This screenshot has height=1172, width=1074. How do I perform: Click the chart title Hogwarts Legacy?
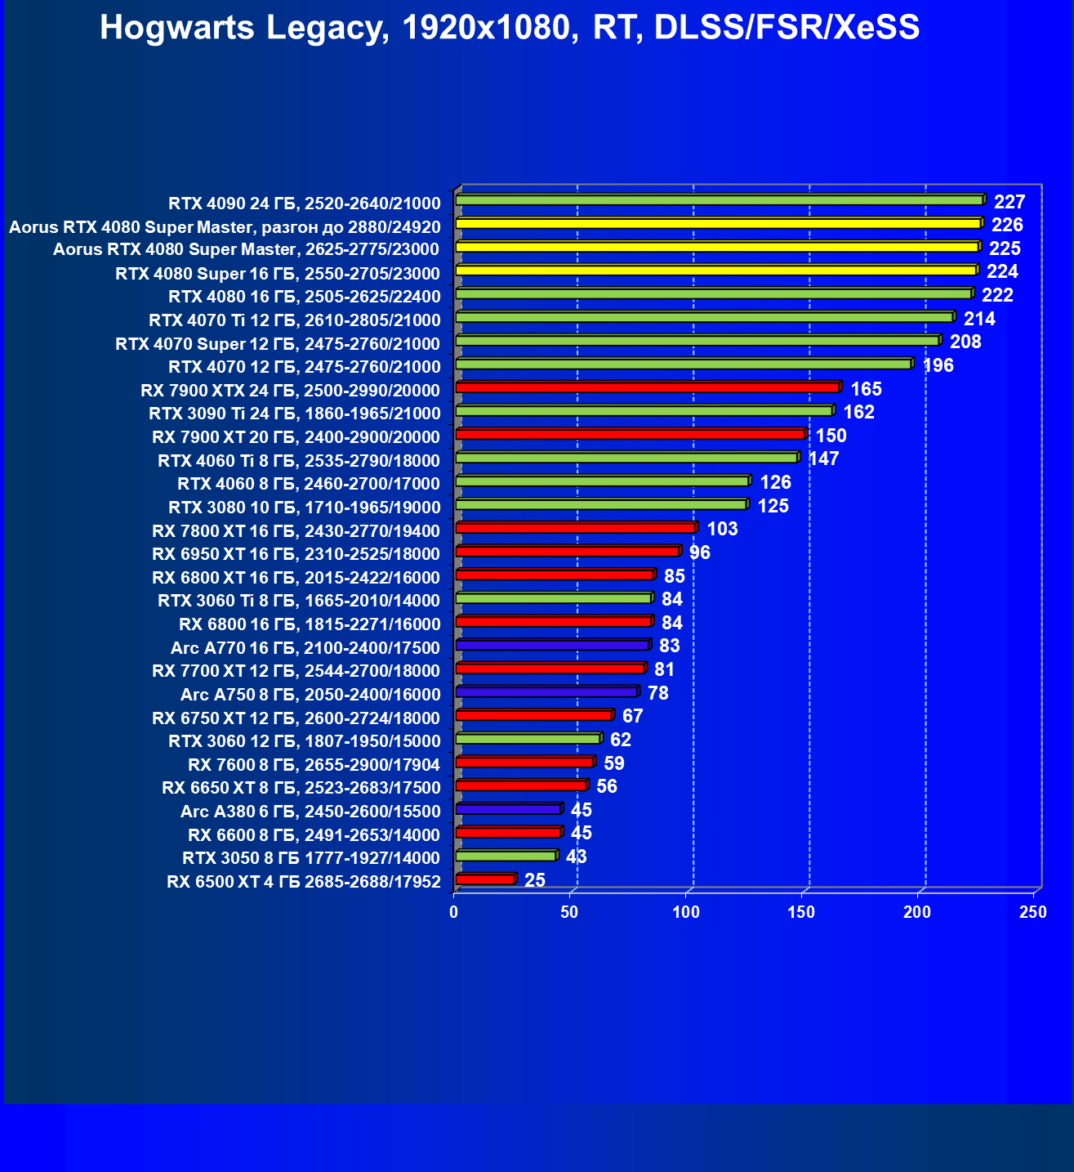(510, 28)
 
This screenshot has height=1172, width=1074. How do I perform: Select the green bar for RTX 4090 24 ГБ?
(719, 200)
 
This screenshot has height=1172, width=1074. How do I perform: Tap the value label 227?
(1009, 202)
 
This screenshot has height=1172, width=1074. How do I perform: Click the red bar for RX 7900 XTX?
(647, 387)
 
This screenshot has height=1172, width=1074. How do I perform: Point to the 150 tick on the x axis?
(801, 912)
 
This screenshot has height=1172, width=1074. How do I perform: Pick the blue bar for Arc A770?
(552, 646)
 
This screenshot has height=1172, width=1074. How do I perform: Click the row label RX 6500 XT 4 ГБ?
(303, 882)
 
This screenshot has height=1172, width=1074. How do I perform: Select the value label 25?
(535, 880)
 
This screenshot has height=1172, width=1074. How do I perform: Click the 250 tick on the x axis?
(1033, 912)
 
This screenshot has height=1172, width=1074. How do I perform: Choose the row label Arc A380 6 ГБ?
(310, 812)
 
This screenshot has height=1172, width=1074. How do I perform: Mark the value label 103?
(722, 529)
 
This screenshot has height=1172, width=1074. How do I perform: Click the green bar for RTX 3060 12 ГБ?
(528, 739)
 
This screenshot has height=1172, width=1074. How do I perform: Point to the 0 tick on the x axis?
(454, 912)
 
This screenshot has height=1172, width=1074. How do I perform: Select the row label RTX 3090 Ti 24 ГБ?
(294, 414)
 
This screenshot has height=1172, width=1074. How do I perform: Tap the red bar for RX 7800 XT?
(575, 528)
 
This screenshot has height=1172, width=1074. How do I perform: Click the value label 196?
(938, 365)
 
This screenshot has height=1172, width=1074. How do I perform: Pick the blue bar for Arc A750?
(546, 692)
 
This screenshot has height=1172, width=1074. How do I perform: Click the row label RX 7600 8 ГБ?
(314, 765)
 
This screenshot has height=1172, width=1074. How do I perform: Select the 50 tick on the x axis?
(570, 912)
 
